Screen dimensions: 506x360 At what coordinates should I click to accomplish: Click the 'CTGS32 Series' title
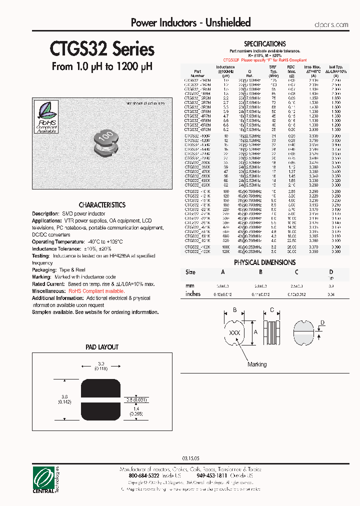coord(102,49)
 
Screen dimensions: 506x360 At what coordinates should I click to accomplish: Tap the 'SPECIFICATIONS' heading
coord(264,44)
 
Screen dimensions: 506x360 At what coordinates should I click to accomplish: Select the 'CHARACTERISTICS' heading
coord(102,205)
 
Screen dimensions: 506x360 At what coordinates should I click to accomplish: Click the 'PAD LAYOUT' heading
coord(102,347)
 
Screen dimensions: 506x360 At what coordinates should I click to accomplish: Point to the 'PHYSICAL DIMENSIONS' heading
coord(264,262)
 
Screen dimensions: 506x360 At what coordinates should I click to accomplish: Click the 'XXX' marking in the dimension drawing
coord(234,332)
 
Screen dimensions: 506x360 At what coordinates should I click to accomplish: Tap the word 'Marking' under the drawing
coord(257,364)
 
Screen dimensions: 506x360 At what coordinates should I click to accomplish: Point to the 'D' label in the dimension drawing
coord(322,322)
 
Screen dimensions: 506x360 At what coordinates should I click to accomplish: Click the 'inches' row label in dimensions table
coord(192,294)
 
